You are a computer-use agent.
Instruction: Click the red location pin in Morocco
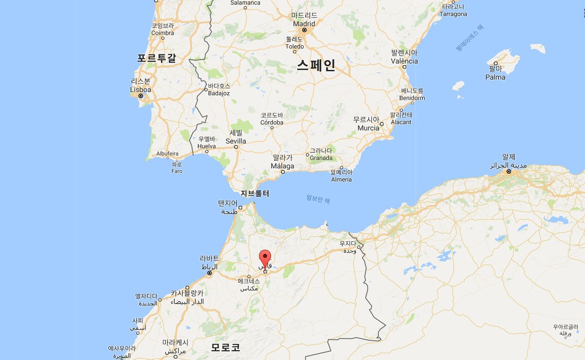265,258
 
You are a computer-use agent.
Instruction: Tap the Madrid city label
304,24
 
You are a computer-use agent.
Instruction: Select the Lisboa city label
141,89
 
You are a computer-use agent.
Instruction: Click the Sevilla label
236,141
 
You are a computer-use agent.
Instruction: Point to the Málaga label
283,166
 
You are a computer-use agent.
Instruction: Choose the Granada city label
321,158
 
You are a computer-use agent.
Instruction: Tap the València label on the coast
404,61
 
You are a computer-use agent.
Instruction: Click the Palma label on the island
495,77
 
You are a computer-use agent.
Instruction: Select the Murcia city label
368,128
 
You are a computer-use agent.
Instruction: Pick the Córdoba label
272,122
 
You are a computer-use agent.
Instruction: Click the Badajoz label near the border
219,93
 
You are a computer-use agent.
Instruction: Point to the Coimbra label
163,34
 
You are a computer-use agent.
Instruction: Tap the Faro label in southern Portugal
177,171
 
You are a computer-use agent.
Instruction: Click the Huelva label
207,147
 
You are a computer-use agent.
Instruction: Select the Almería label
340,179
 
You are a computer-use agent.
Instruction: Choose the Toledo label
295,46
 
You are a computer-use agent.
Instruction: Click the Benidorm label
412,98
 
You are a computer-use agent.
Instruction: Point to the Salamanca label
246,3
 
